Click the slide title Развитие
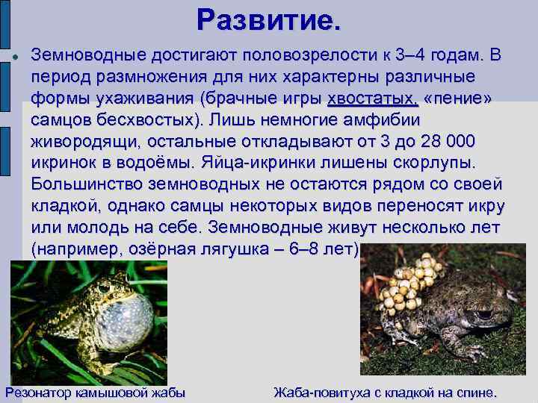(x=269, y=20)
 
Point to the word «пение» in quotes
(x=458, y=99)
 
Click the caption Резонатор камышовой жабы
(x=95, y=393)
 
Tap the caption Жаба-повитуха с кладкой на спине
(x=385, y=393)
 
